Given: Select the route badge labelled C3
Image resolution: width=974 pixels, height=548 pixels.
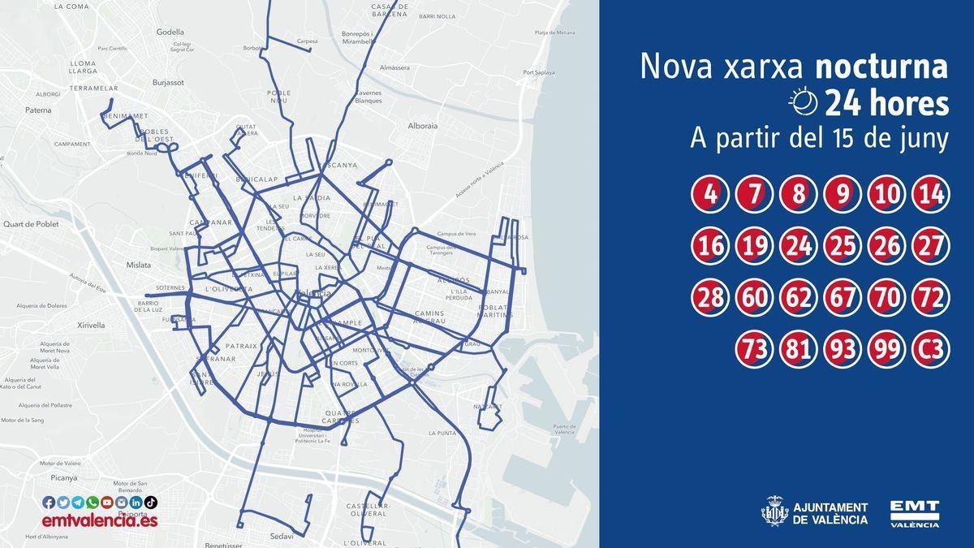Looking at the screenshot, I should tap(930, 350).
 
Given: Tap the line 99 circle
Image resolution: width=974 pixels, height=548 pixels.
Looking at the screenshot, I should tap(886, 350).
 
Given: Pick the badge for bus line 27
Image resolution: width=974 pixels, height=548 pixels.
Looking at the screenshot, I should tap(930, 246).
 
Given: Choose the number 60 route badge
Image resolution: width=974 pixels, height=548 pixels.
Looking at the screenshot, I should tap(755, 298).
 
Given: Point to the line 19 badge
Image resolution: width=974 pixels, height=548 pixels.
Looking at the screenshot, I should tap(755, 246).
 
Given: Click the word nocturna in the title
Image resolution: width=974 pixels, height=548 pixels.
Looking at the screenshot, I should tap(881, 67).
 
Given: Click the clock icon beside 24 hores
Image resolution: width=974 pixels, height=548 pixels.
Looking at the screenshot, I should tap(804, 103).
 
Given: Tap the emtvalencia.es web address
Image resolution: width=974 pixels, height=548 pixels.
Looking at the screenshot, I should tap(100, 520).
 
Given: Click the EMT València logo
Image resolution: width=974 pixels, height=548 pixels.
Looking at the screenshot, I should tap(914, 513).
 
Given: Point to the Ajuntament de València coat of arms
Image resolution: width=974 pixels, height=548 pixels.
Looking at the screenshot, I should tap(774, 512).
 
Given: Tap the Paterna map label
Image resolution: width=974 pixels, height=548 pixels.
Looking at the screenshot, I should tap(38, 110).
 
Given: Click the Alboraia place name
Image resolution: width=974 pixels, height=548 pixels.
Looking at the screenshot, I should tap(423, 126).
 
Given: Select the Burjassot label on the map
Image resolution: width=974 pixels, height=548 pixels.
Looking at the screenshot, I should tap(169, 82).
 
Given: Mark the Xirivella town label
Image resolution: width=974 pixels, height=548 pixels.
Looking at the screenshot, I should tap(91, 325).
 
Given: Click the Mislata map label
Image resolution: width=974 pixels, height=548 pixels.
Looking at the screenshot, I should tap(139, 265).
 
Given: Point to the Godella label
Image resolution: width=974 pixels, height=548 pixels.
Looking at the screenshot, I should tap(170, 32).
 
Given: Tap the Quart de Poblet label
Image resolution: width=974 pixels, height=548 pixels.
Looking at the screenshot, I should tap(31, 224).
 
